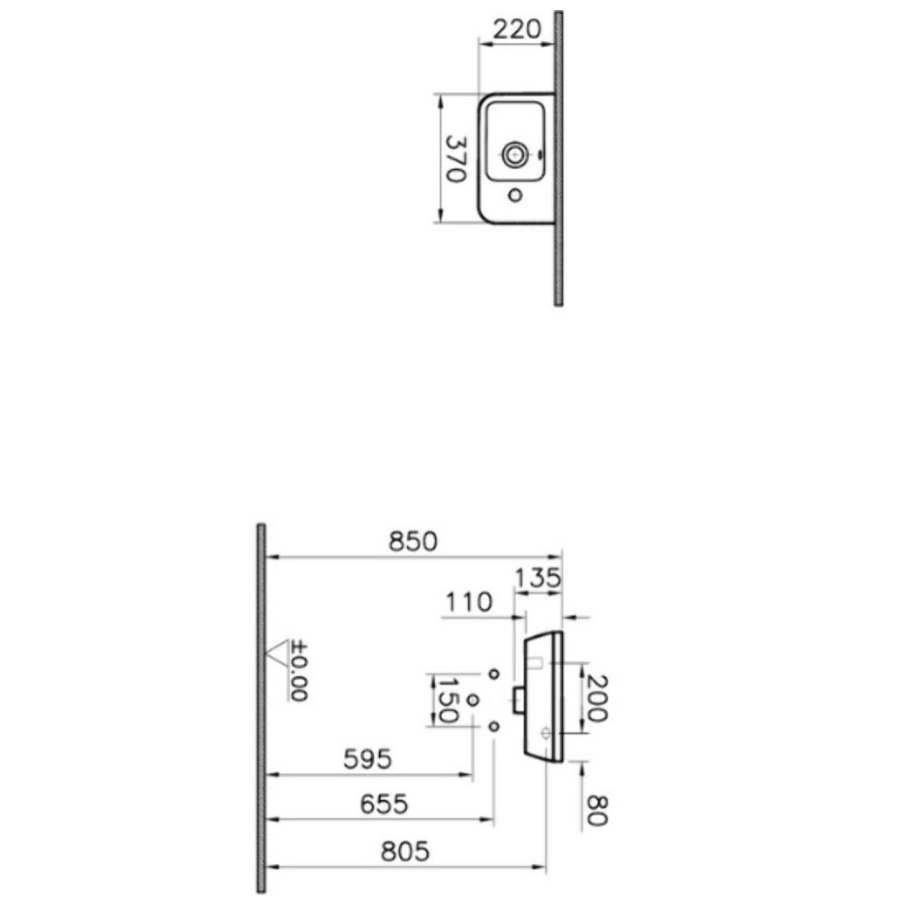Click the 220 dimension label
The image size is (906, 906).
pyautogui.click(x=516, y=30)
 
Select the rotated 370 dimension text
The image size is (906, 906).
pyautogui.click(x=456, y=159)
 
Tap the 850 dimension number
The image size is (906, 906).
pyautogui.click(x=413, y=542)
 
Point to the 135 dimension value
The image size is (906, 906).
pyautogui.click(x=536, y=578)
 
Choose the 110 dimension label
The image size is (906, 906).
pyautogui.click(x=468, y=603)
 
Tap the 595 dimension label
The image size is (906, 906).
pyautogui.click(x=368, y=759)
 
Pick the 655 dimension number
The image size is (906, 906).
pyautogui.click(x=384, y=803)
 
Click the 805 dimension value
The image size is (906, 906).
pyautogui.click(x=405, y=851)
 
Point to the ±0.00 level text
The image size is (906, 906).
pyautogui.click(x=299, y=671)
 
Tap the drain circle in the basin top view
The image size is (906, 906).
pyautogui.click(x=513, y=154)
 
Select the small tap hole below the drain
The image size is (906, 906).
pyautogui.click(x=516, y=195)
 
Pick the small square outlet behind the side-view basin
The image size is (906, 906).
pyautogui.click(x=518, y=697)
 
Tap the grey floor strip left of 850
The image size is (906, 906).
pyautogui.click(x=261, y=708)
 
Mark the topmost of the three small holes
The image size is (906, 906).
pyautogui.click(x=494, y=673)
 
